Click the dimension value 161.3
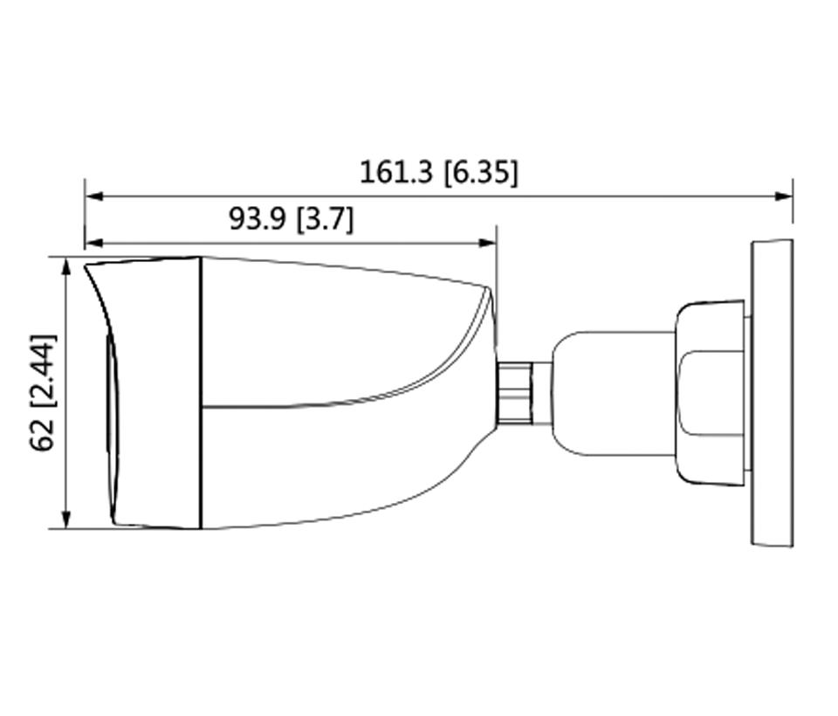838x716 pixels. [x=396, y=172]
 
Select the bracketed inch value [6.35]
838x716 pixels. [x=480, y=172]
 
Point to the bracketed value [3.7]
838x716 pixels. [x=326, y=219]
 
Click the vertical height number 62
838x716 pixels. [x=41, y=434]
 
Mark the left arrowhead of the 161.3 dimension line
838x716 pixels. [x=93, y=196]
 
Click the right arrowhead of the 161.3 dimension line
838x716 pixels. [x=785, y=196]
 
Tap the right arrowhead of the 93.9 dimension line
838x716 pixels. [x=489, y=244]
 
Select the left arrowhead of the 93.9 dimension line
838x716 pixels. [x=93, y=244]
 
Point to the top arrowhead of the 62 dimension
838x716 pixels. [x=66, y=265]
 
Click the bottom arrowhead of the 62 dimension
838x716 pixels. [x=66, y=520]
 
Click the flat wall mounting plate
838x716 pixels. [x=772, y=393]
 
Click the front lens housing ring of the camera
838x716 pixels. [x=157, y=393]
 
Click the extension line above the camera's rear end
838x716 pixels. [x=496, y=262]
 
